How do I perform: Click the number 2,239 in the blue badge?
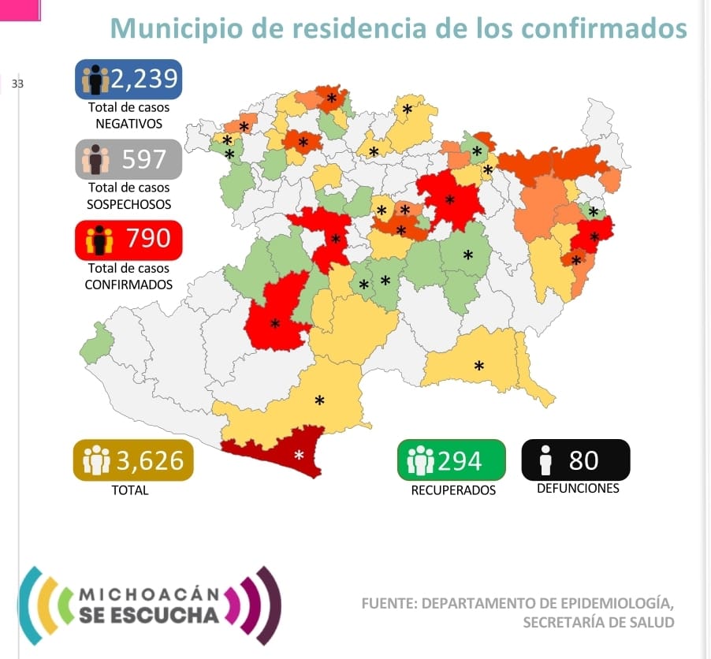pyautogui.click(x=143, y=79)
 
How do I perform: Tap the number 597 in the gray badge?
pyautogui.click(x=143, y=158)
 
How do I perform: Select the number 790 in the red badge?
pyautogui.click(x=148, y=238)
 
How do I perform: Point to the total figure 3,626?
pyautogui.click(x=150, y=460)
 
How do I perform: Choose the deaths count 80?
pyautogui.click(x=583, y=460)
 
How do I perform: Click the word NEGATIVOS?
pyautogui.click(x=128, y=124)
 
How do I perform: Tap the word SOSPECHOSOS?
pyautogui.click(x=128, y=204)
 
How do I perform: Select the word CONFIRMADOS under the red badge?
pyautogui.click(x=128, y=285)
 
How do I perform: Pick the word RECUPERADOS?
pyautogui.click(x=453, y=490)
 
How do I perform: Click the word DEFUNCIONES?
pyautogui.click(x=578, y=489)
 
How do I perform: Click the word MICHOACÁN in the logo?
pyautogui.click(x=150, y=594)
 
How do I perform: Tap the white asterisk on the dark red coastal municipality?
pyautogui.click(x=299, y=455)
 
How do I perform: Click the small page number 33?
pyautogui.click(x=17, y=84)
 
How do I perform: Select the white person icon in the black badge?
pyautogui.click(x=545, y=460)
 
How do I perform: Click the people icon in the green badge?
pyautogui.click(x=420, y=460)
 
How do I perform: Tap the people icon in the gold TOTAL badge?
pyautogui.click(x=97, y=460)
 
